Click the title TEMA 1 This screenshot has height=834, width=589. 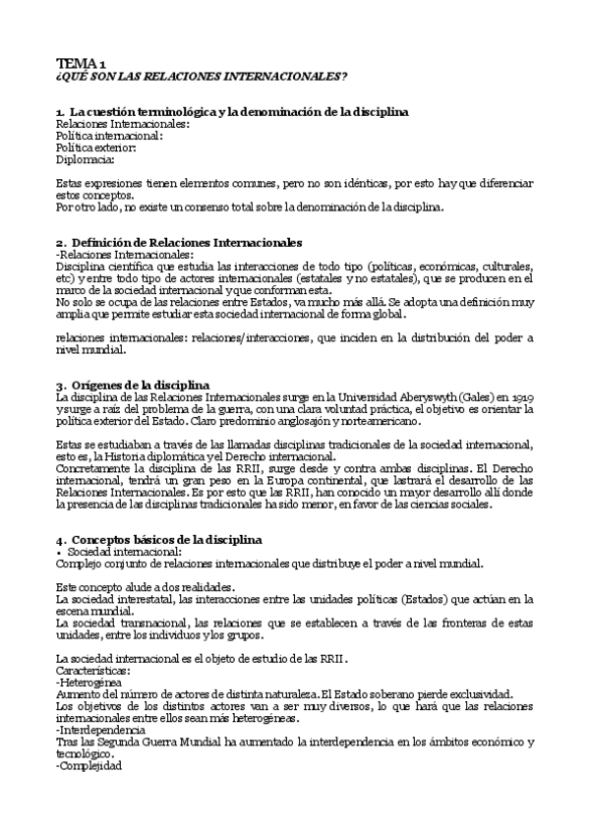pyautogui.click(x=84, y=64)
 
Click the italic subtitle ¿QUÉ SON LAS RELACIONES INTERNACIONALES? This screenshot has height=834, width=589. pyautogui.click(x=202, y=77)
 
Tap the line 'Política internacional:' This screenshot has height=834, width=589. pyautogui.click(x=109, y=136)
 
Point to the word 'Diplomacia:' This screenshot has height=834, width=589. pyautogui.click(x=86, y=159)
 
